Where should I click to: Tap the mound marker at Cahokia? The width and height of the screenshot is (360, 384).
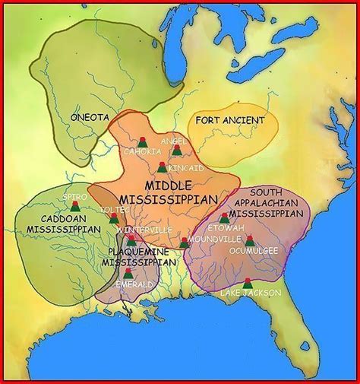142,141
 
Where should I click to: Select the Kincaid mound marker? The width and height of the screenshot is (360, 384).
162,167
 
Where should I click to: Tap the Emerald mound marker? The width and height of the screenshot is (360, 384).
128,272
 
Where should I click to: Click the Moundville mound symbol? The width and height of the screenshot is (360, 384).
185,243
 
